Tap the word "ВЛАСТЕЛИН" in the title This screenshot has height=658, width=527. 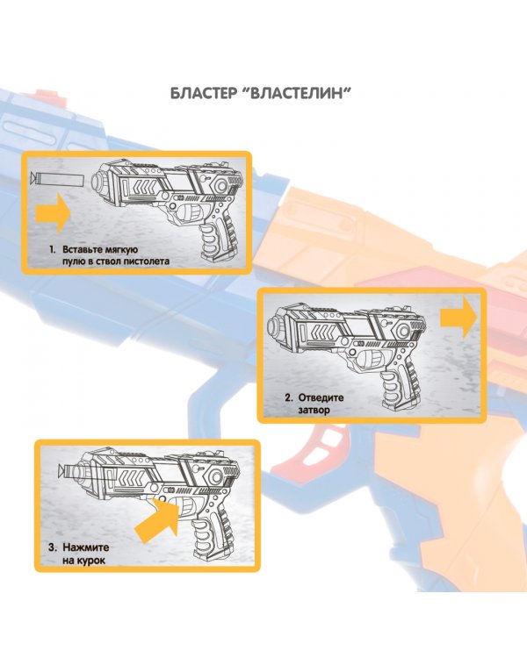pos(303,93)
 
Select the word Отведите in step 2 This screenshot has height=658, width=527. pos(321,397)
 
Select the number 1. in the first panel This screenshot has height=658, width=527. pos(53,249)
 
